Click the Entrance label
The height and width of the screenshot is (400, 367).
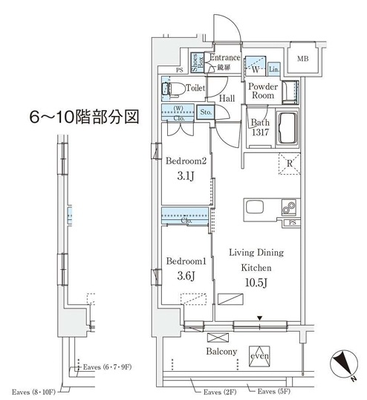[x=224, y=58]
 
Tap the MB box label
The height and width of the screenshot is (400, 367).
[x=303, y=59]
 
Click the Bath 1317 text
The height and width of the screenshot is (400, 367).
[x=260, y=127]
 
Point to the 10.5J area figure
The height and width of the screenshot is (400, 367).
[x=254, y=282]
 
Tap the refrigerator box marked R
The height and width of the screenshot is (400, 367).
[x=288, y=164]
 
